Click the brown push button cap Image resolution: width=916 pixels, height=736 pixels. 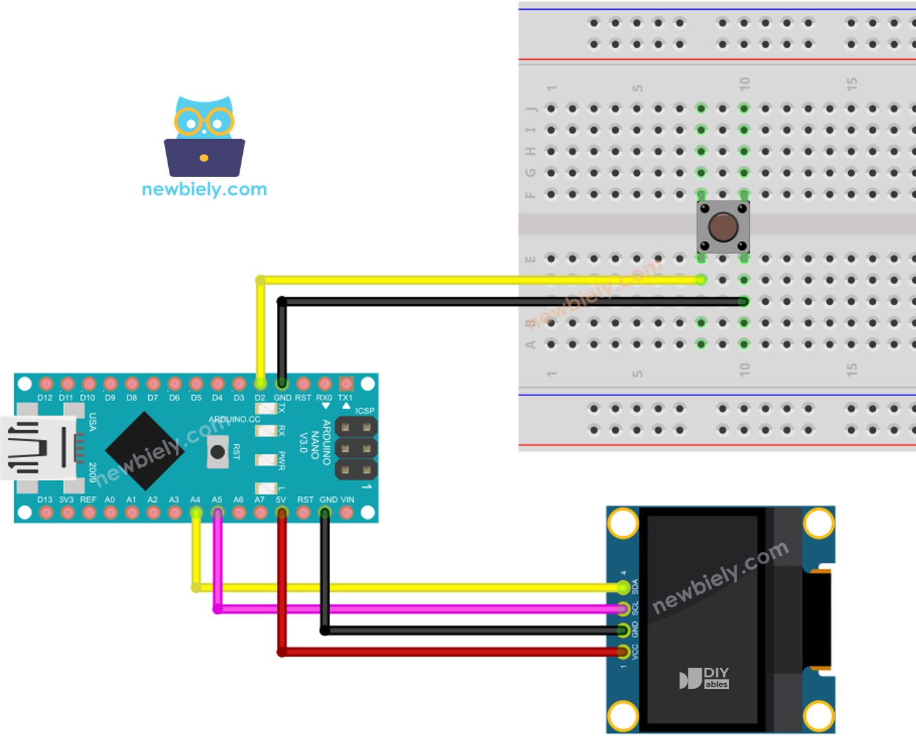click(723, 227)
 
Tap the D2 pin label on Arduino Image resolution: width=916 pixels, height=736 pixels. click(260, 398)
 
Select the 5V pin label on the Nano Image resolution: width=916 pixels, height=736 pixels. click(281, 500)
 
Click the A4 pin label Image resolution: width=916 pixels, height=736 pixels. click(195, 500)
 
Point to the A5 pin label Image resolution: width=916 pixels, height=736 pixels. click(217, 500)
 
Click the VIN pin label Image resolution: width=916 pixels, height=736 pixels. click(347, 500)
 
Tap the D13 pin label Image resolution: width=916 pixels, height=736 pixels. click(45, 500)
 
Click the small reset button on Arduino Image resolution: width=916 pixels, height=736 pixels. click(218, 452)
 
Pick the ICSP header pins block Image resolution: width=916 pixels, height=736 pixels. click(356, 448)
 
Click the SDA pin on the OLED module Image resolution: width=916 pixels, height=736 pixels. click(623, 587)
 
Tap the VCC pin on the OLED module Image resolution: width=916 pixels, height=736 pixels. click(623, 652)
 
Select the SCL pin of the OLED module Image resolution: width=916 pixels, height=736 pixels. click(623, 609)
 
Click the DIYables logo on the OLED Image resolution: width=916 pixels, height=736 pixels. click(704, 678)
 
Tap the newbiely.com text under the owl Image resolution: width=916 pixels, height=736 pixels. click(204, 189)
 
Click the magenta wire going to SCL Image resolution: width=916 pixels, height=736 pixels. click(419, 609)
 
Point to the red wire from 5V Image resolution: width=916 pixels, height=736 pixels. click(451, 652)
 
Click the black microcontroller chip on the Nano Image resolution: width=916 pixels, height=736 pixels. click(144, 450)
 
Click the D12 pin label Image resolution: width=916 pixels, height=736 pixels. click(45, 398)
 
